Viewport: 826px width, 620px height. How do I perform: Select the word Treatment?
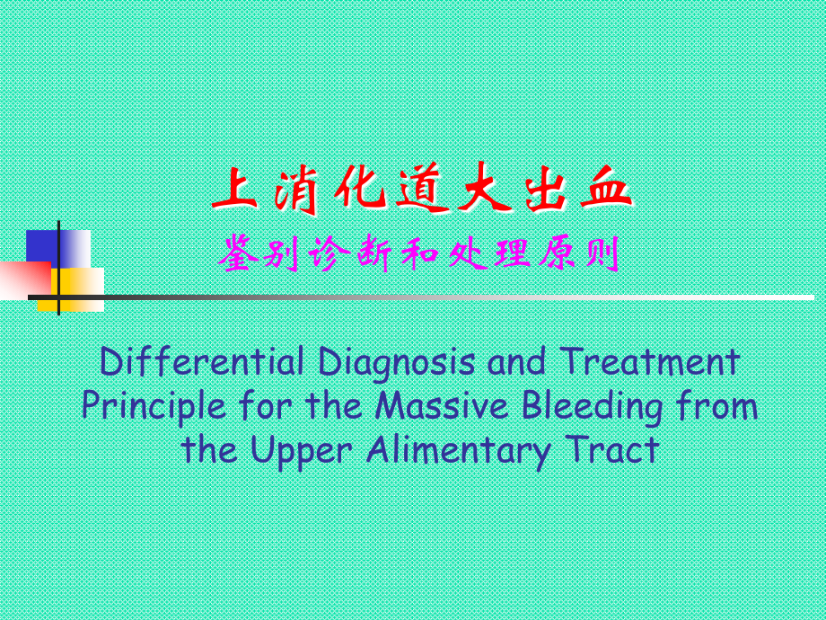click(x=650, y=363)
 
